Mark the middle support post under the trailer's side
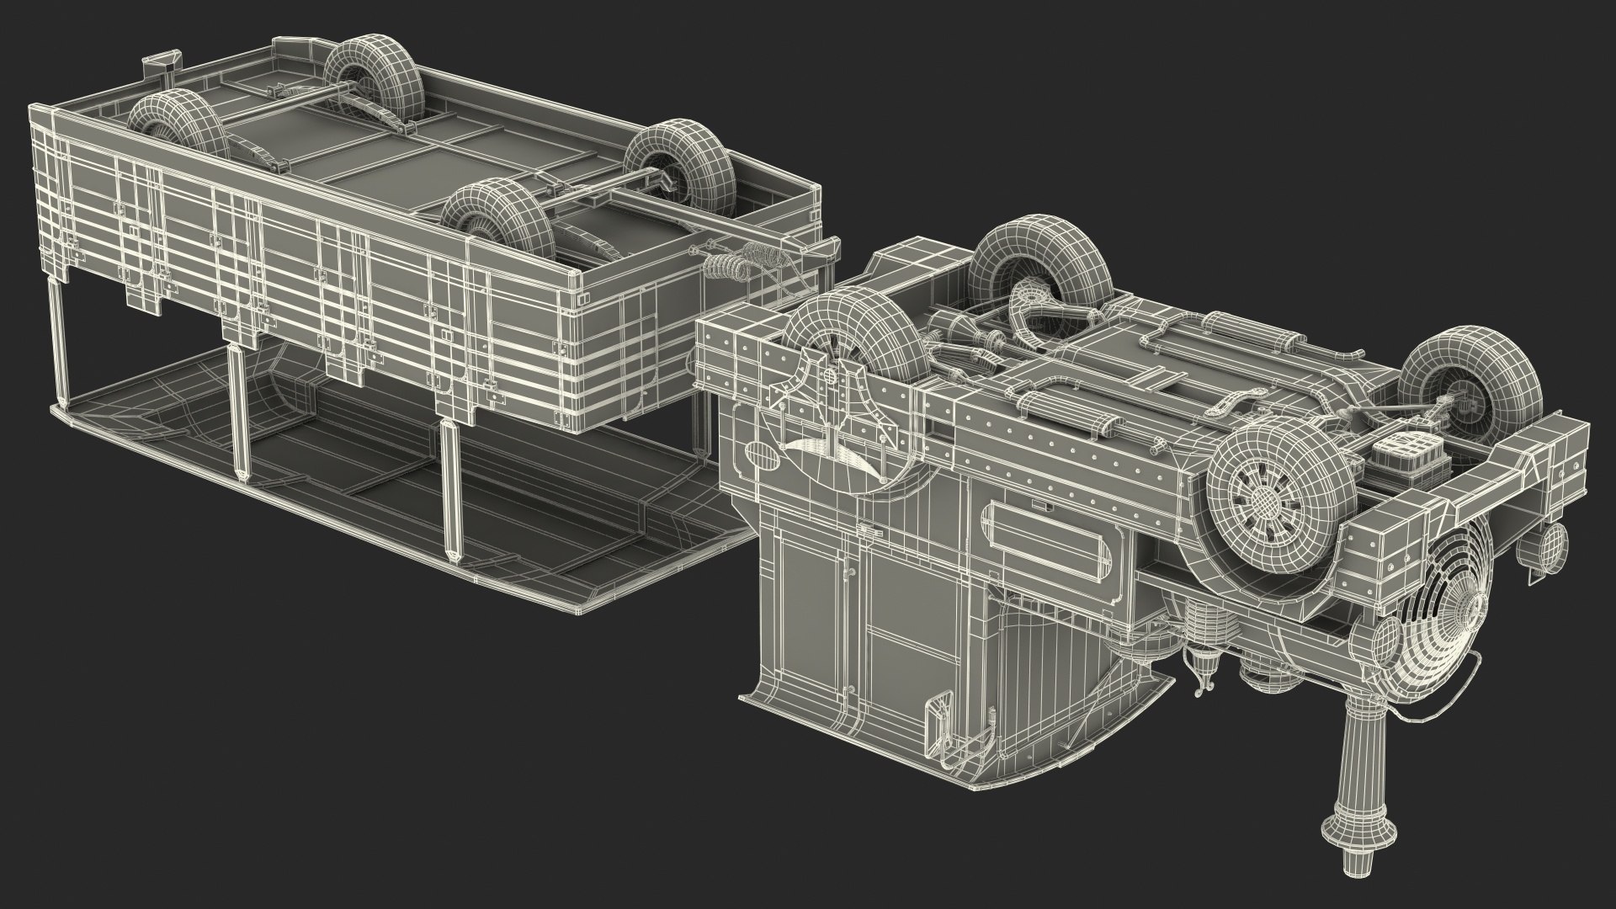click(239, 412)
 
